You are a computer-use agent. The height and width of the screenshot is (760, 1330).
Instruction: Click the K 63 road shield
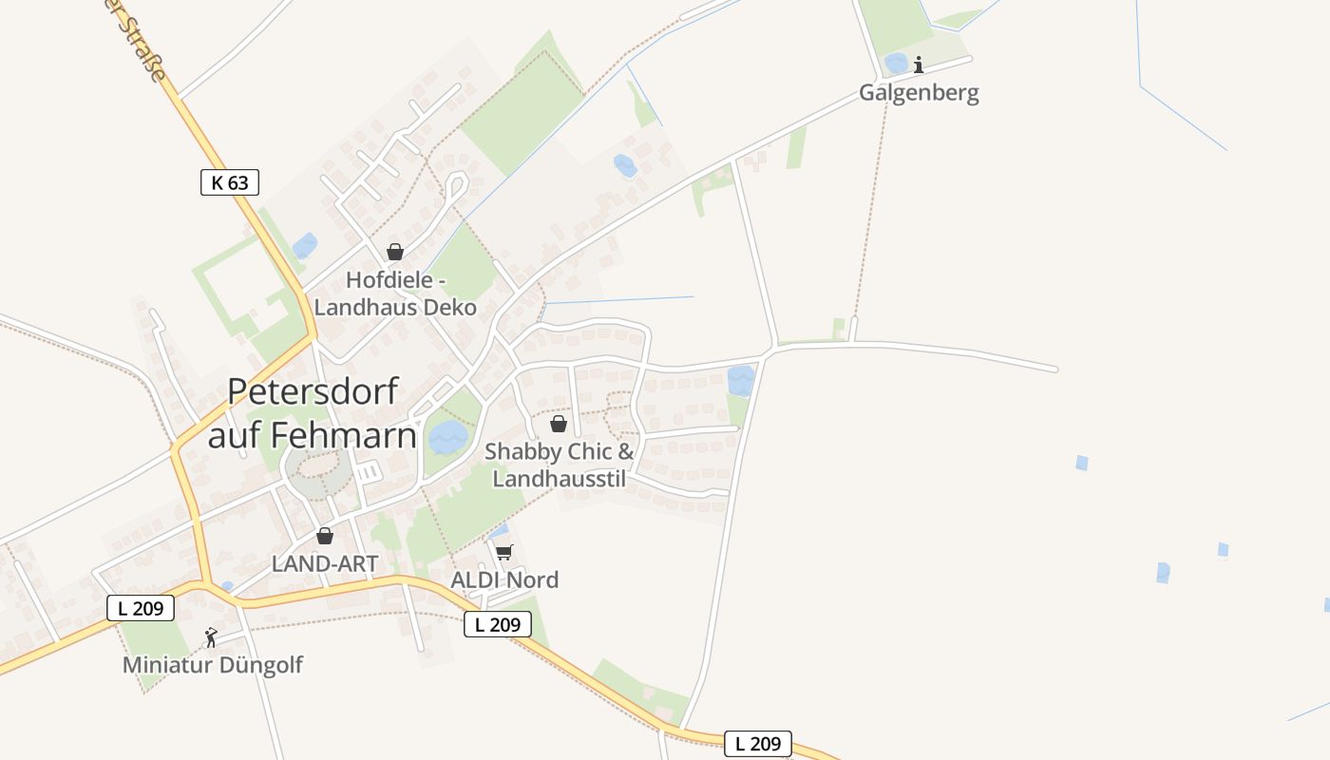click(x=230, y=182)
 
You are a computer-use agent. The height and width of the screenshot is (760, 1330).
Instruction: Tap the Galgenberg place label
click(x=919, y=93)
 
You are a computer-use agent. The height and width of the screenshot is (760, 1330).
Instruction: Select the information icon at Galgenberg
click(x=919, y=65)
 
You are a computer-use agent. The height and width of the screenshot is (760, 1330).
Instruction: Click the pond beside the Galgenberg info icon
click(x=896, y=64)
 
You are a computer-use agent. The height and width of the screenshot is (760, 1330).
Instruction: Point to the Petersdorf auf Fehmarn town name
click(x=313, y=413)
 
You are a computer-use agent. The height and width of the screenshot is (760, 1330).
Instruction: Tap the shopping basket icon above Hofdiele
click(x=394, y=252)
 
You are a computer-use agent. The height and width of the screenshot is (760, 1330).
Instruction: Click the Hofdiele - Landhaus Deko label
click(x=395, y=294)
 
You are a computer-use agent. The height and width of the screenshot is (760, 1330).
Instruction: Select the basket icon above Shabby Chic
click(x=559, y=424)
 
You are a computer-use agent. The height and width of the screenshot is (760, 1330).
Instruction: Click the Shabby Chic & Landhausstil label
click(x=560, y=465)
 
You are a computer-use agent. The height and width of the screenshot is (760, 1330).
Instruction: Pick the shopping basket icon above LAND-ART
click(x=325, y=536)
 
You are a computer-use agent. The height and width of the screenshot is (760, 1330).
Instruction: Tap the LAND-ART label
click(x=325, y=563)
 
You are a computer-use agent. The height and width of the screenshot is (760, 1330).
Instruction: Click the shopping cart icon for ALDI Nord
click(x=504, y=552)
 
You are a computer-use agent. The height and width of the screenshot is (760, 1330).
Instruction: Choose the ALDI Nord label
click(x=504, y=579)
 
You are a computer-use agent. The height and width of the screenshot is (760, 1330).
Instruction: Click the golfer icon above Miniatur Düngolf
click(x=211, y=636)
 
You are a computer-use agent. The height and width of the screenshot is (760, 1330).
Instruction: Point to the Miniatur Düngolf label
click(x=213, y=665)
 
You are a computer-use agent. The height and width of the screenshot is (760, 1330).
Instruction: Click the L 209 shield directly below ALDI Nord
click(x=498, y=624)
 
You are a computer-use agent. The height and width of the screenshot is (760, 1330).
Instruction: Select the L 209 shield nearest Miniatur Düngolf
click(x=141, y=608)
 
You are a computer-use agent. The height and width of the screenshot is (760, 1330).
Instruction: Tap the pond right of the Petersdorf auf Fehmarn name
click(x=447, y=438)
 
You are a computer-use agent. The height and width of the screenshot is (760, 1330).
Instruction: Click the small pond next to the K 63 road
click(x=304, y=246)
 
